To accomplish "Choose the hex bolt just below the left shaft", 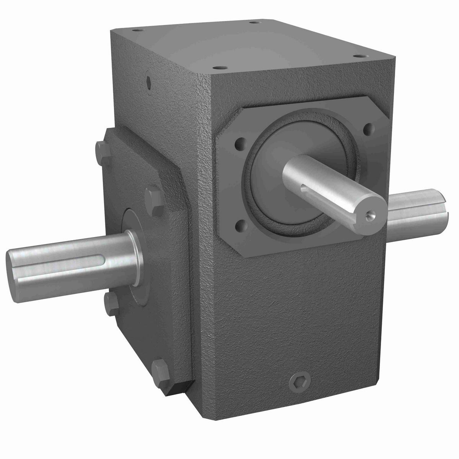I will click(x=109, y=299).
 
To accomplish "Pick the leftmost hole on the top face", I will click(x=135, y=29).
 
